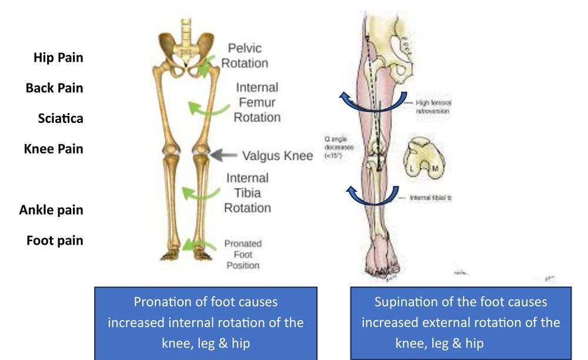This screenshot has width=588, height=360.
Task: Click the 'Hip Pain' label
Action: coord(58,58)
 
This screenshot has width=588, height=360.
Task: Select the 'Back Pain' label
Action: coord(55,88)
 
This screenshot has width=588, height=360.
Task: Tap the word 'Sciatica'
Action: coord(61,118)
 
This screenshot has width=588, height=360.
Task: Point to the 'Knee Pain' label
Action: coord(54,149)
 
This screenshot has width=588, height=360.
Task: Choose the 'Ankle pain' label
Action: coord(51,210)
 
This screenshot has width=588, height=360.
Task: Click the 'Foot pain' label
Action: coord(55,241)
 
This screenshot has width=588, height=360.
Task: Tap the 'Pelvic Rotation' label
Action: coord(245,55)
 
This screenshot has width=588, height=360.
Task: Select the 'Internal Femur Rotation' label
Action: coord(257,102)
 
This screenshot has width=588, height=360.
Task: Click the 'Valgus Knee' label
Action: coord(278,156)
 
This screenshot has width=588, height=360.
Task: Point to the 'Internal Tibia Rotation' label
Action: coord(248,193)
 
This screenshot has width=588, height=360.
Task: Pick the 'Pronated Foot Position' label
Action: coord(243,255)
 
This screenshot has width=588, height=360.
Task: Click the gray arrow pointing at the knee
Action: coord(223,155)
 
